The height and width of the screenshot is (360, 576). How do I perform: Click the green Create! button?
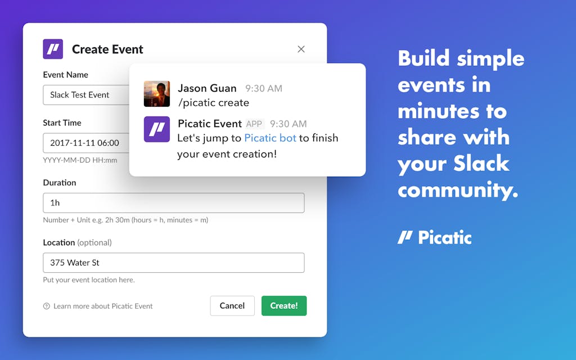tap(284, 305)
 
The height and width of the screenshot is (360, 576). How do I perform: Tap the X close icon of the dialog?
tap(301, 49)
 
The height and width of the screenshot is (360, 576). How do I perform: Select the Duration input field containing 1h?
tap(174, 202)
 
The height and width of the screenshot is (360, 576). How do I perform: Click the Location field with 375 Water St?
tap(174, 263)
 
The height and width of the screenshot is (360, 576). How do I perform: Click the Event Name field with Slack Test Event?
tap(86, 94)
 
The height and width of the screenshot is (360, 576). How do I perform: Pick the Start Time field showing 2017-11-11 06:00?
tap(86, 143)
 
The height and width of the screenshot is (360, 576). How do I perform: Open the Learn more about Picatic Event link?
tap(103, 306)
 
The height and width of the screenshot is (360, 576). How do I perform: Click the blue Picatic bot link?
tap(270, 138)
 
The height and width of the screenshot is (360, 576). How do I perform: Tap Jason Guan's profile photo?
tap(157, 94)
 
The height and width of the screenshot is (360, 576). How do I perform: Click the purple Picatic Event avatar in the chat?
tap(157, 129)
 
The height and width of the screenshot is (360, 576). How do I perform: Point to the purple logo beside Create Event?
tap(53, 49)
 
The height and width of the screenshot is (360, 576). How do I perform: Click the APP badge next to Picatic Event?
tap(254, 124)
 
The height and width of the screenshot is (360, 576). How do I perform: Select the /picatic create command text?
tap(213, 103)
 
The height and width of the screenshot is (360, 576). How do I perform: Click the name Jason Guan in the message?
tap(207, 88)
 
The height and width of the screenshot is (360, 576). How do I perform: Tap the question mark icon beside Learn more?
tap(46, 306)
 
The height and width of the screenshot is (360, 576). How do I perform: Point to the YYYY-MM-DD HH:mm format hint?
tap(80, 160)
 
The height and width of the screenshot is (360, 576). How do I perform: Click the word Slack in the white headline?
tap(481, 164)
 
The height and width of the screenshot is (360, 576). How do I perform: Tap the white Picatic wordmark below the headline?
tap(435, 237)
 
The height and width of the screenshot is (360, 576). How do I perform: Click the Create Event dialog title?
tap(107, 49)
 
